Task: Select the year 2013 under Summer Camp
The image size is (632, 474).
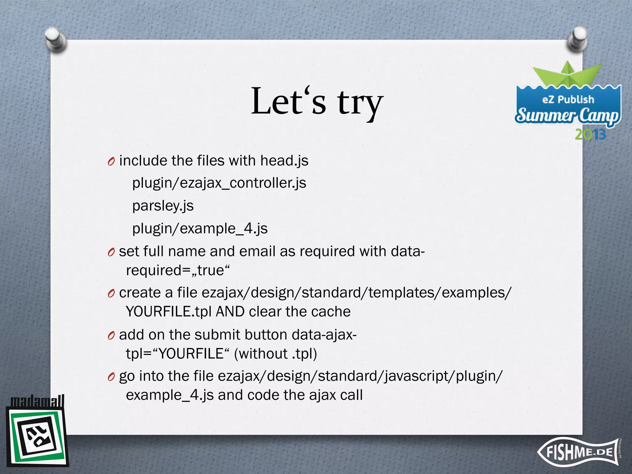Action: (x=590, y=135)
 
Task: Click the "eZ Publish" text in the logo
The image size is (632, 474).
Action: (x=568, y=99)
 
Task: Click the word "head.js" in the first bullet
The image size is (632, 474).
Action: (x=284, y=161)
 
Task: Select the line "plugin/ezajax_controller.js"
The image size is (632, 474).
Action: (x=219, y=183)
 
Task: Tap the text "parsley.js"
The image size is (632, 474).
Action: (x=163, y=206)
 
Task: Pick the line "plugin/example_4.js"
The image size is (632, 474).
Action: (x=200, y=228)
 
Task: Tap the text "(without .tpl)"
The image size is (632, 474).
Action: (x=275, y=354)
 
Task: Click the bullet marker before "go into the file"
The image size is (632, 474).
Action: (x=111, y=377)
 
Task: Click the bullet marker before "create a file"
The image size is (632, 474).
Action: (x=111, y=293)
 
